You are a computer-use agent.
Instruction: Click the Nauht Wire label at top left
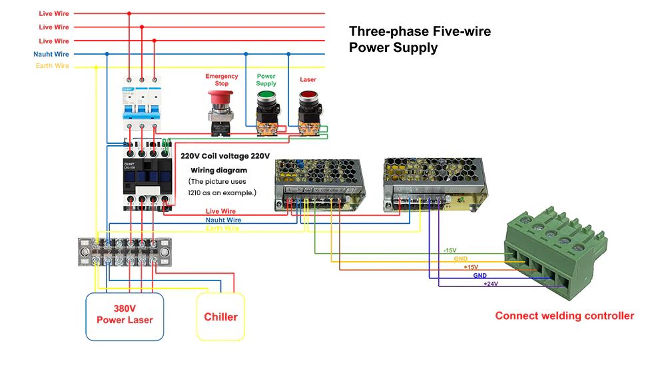[x=51, y=54]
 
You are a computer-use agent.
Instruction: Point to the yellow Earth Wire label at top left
[x=53, y=66]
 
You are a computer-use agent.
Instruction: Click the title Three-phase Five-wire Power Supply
[x=420, y=39]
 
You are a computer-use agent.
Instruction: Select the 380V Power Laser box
[x=125, y=314]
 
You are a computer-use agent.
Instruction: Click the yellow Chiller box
[x=220, y=316]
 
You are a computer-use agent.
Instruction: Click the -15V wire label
[x=450, y=250]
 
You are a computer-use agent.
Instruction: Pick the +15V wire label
[x=471, y=267]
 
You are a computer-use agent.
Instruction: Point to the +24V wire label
[x=490, y=284]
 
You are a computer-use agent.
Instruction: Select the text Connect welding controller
[x=564, y=316]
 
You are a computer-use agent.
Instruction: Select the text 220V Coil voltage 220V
[x=225, y=156]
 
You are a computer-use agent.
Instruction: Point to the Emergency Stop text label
[x=222, y=80]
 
